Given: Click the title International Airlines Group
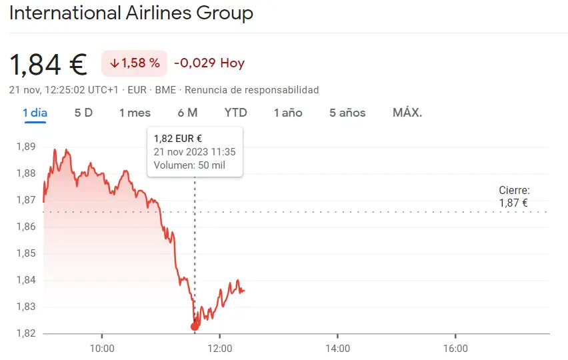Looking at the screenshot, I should coord(131,13).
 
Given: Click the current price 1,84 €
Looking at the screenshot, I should coord(48,64).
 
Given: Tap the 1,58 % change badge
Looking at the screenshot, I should coord(135,63).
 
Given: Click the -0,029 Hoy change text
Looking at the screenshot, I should coord(209,63).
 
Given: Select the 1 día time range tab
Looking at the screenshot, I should coord(35,113).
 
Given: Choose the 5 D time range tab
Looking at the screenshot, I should coord(83,113).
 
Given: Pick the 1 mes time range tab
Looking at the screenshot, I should coord(135,113).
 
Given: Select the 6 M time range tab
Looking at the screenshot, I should coord(187,113).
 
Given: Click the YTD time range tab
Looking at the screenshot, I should coord(235,113).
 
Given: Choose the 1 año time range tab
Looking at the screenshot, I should coord(288,113).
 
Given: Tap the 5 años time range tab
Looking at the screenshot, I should coord(347,113).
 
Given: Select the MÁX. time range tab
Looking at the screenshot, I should coord(407,113).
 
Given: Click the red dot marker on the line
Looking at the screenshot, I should coord(195,327).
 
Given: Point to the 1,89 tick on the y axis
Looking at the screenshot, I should coord(26,147).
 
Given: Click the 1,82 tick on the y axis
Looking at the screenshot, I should coord(26,333).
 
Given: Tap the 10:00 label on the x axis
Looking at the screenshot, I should coord(102,348).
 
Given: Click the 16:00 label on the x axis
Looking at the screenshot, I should coord(455,348).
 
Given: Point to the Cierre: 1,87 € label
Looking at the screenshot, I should coord(514,197).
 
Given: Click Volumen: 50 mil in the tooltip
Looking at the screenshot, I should coord(189,165).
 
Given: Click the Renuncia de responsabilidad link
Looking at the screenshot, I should coord(251,90).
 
